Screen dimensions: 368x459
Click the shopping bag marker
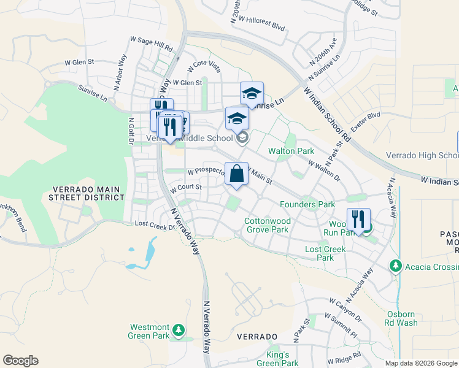236,174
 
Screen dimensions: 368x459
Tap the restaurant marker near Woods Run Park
358,220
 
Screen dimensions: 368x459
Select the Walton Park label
291,151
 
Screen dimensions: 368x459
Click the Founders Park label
307,204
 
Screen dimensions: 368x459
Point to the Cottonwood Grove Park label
266,225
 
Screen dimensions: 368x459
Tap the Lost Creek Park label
325,253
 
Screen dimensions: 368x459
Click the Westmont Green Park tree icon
179,331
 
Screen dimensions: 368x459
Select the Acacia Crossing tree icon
396,266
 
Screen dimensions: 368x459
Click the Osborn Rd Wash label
402,318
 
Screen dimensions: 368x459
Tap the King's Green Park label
277,359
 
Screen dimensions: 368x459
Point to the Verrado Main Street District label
87,193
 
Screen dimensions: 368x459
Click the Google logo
20,361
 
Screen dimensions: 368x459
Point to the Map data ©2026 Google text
421,363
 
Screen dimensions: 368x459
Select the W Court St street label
186,187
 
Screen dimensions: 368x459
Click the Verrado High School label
423,156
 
